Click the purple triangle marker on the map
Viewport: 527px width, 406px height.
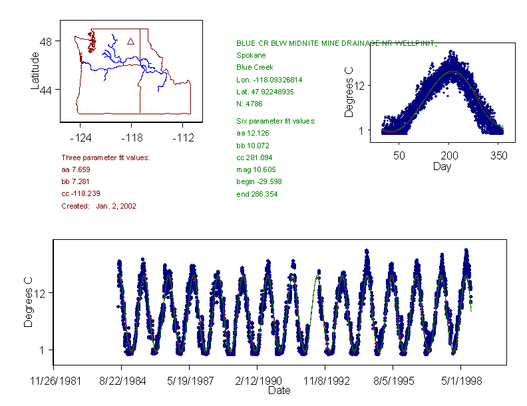click(130, 41)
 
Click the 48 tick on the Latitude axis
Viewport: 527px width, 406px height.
click(49, 41)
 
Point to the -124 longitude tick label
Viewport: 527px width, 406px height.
click(81, 138)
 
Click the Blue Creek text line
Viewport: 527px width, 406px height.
click(254, 67)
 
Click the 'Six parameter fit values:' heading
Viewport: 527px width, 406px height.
click(275, 121)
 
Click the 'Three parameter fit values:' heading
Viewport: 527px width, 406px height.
click(105, 157)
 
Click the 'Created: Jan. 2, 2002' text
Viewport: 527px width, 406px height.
click(98, 206)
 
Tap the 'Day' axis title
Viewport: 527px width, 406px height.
click(441, 166)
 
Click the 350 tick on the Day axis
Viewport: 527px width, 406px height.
click(499, 155)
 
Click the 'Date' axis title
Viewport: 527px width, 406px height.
click(279, 391)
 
